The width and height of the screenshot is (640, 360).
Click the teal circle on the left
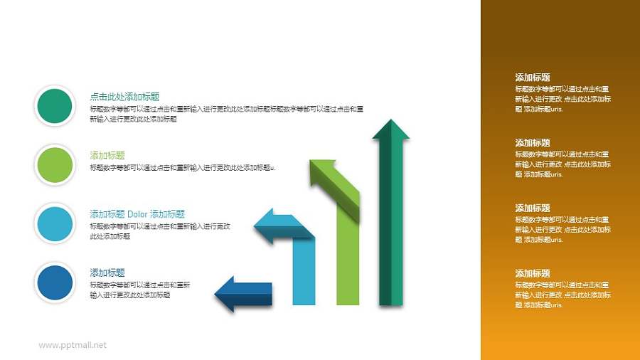pyautogui.click(x=54, y=106)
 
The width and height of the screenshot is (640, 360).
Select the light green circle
pyautogui.click(x=54, y=164)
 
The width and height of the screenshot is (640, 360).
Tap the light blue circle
pyautogui.click(x=54, y=223)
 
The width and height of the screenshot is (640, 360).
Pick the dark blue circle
pyautogui.click(x=54, y=281)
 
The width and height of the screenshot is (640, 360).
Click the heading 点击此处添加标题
pyautogui.click(x=124, y=97)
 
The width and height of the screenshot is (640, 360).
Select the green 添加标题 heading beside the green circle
pyautogui.click(x=107, y=155)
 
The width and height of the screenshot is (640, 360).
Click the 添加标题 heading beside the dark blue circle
pyautogui.click(x=107, y=272)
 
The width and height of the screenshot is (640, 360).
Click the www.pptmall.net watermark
pyautogui.click(x=73, y=345)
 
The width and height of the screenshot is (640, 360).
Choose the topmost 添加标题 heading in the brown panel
pyautogui.click(x=533, y=78)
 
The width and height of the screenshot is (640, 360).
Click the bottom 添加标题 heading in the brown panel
pyautogui.click(x=533, y=273)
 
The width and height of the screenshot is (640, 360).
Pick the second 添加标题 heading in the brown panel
pyautogui.click(x=533, y=143)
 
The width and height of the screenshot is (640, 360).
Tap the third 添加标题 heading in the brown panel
pyautogui.click(x=533, y=208)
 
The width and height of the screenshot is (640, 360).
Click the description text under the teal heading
pyautogui.click(x=226, y=114)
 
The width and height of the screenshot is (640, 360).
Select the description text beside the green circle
pyautogui.click(x=182, y=168)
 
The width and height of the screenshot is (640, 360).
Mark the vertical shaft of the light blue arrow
pyautogui.click(x=304, y=274)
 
